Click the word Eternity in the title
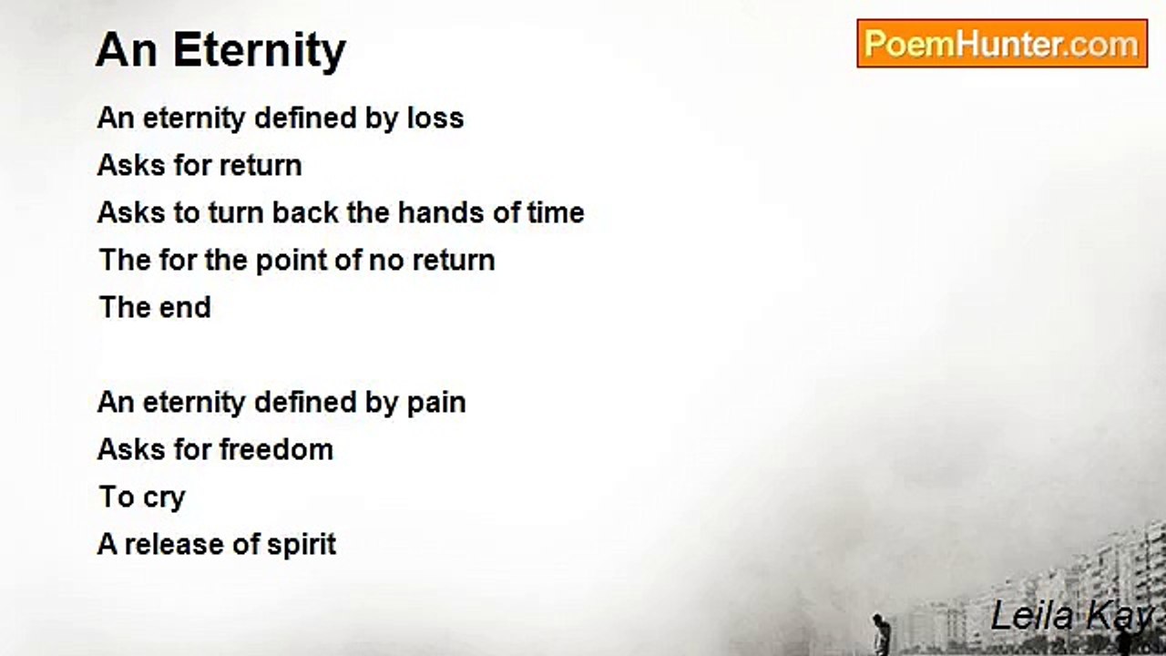point(260,50)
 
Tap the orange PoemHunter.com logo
point(1002,44)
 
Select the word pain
point(436,403)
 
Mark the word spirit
point(302,545)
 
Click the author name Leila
point(1032,616)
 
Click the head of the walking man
point(877,618)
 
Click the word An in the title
point(127,50)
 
